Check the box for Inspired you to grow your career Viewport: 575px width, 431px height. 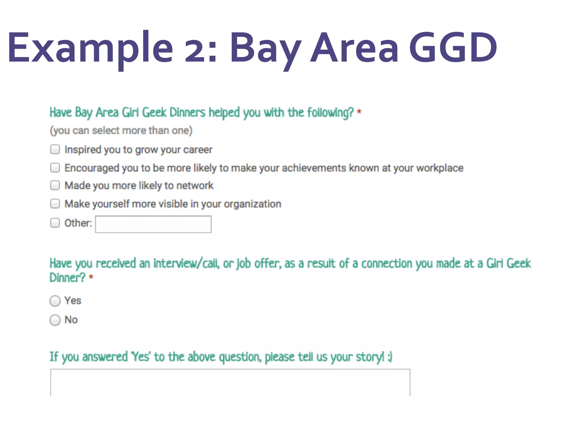pyautogui.click(x=55, y=149)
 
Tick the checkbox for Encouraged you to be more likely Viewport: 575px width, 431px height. pyautogui.click(x=55, y=168)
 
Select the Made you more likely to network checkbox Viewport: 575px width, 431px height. pyautogui.click(x=55, y=185)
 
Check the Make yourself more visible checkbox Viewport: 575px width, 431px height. pyautogui.click(x=55, y=203)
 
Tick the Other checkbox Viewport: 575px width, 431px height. pyautogui.click(x=55, y=223)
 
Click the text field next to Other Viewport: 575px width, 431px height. pyautogui.click(x=153, y=224)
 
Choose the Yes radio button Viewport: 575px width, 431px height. pyautogui.click(x=55, y=301)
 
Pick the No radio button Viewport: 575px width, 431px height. pyautogui.click(x=55, y=320)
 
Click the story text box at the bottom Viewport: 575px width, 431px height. pyautogui.click(x=230, y=382)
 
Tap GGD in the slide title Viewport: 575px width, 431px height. pyautogui.click(x=453, y=48)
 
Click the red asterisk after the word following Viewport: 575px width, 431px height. pyautogui.click(x=359, y=112)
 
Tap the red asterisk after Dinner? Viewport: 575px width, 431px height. pyautogui.click(x=91, y=277)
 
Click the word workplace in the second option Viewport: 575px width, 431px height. pyautogui.click(x=440, y=168)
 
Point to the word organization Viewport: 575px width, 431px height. pyautogui.click(x=252, y=204)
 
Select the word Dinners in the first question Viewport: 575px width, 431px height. pyautogui.click(x=187, y=113)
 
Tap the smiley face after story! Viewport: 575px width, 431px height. pyautogui.click(x=390, y=357)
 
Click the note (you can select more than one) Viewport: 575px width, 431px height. pyautogui.click(x=121, y=130)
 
